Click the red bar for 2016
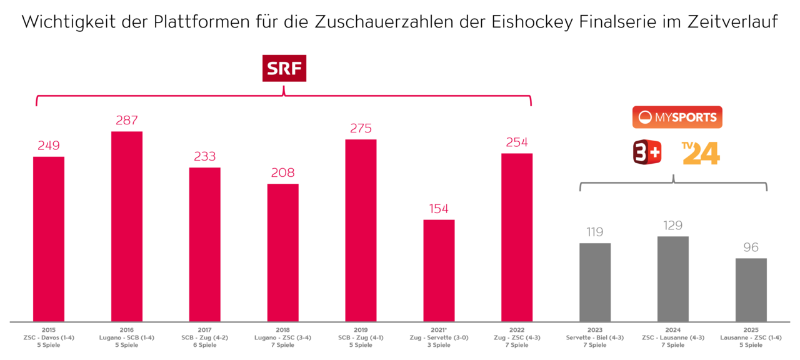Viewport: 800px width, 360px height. pyautogui.click(x=126, y=226)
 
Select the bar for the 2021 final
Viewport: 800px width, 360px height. pyautogui.click(x=439, y=271)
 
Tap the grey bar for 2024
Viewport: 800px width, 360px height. pyautogui.click(x=673, y=279)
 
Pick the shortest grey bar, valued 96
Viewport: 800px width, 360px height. pyautogui.click(x=751, y=290)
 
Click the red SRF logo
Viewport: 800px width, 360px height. pyautogui.click(x=284, y=69)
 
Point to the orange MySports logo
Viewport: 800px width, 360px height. pyautogui.click(x=677, y=117)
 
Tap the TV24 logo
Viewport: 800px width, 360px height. pyautogui.click(x=701, y=153)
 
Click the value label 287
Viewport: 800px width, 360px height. pyautogui.click(x=126, y=120)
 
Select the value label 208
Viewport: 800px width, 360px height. pyautogui.click(x=282, y=172)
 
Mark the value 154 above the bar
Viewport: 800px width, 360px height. pyautogui.click(x=439, y=209)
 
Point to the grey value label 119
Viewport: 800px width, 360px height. pyautogui.click(x=594, y=232)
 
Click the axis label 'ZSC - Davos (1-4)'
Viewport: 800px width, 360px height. pyautogui.click(x=48, y=337)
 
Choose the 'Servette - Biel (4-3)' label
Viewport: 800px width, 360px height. pyautogui.click(x=594, y=337)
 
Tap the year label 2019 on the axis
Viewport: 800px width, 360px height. pyautogui.click(x=361, y=330)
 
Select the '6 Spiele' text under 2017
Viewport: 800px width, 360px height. pyautogui.click(x=204, y=345)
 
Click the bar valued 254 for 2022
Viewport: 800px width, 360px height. pyautogui.click(x=517, y=237)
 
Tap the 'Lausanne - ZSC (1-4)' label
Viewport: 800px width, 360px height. pyautogui.click(x=751, y=337)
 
